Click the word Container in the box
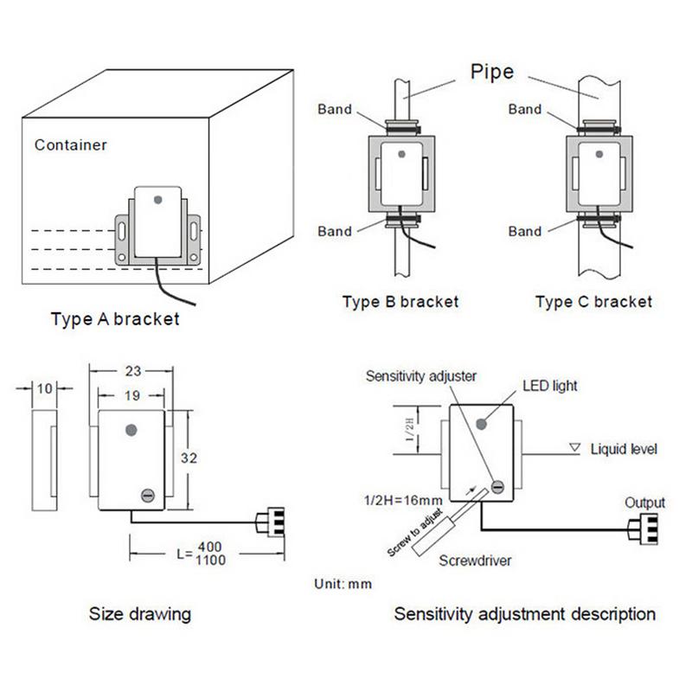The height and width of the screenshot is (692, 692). coord(70,144)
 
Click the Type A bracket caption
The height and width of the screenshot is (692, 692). coord(115,319)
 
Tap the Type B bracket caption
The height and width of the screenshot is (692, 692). coord(400,302)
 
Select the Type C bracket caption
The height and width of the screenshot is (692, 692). coord(593,302)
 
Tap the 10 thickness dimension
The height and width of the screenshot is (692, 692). coord(43,388)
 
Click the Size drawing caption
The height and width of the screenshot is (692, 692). coord(139,614)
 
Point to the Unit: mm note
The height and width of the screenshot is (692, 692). coord(343,584)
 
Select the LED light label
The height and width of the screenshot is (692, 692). coord(550,386)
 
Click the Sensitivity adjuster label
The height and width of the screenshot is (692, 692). coord(420,376)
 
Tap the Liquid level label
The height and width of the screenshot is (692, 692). coord(624,449)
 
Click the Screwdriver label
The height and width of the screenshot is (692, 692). coord(475,561)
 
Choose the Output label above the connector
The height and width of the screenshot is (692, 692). coord(644,503)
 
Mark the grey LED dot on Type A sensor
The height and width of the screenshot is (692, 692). coord(157,199)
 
